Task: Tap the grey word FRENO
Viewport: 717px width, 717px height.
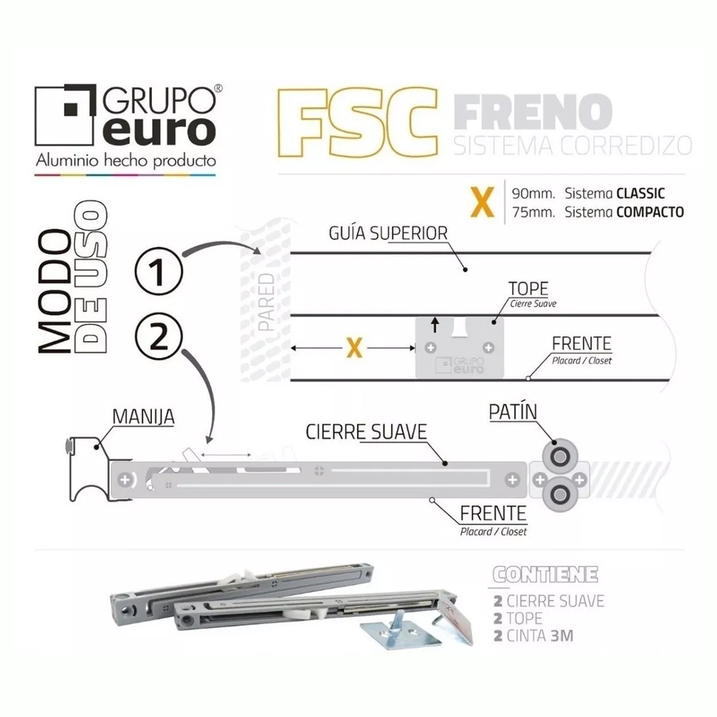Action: click(533, 111)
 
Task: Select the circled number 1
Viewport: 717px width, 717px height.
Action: click(159, 272)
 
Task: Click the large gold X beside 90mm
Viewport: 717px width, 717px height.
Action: click(481, 201)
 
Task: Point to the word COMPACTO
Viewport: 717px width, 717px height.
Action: click(648, 212)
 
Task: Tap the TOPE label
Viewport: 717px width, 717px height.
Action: click(528, 289)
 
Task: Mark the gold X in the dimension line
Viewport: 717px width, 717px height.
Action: click(353, 348)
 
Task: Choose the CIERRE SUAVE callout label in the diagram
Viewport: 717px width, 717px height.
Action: click(366, 432)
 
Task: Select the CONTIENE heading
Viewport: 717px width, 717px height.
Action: click(546, 576)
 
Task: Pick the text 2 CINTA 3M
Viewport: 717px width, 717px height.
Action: click(533, 635)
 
